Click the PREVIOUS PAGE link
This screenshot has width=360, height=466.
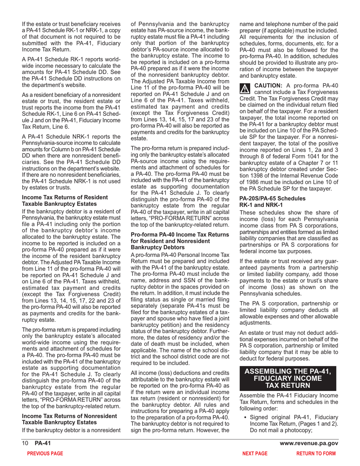click(x=42, y=453)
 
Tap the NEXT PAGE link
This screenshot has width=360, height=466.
click(x=255, y=453)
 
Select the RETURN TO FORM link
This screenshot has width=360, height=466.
click(x=316, y=453)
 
